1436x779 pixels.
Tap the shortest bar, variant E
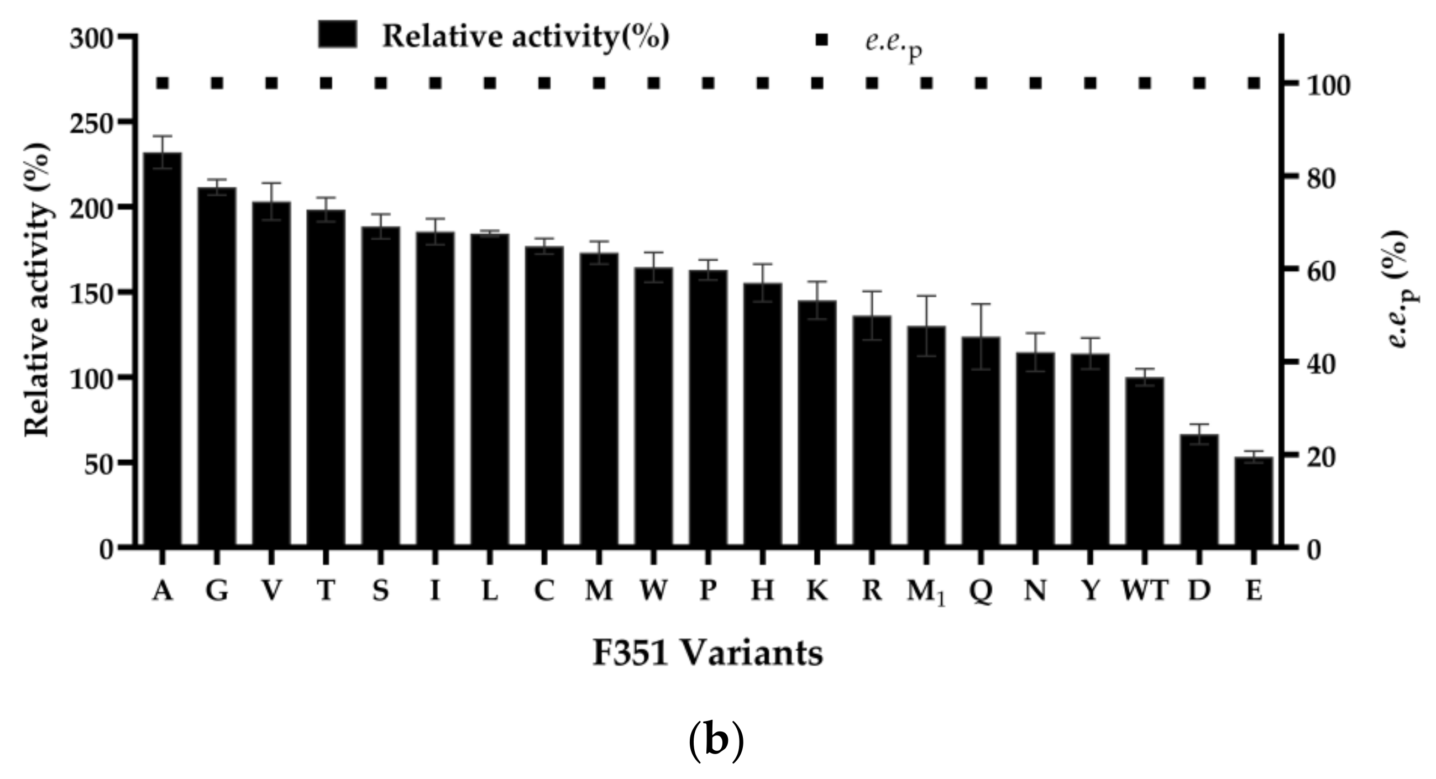[x=1254, y=502]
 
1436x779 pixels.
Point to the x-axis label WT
[x=1145, y=591]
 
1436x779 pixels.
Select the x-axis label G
[x=217, y=591]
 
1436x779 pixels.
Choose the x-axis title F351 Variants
[x=707, y=654]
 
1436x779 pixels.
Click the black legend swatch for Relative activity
[x=338, y=35]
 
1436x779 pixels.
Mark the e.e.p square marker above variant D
[x=1199, y=83]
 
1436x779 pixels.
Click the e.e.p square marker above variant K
[x=817, y=83]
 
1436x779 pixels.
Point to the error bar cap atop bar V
[x=271, y=183]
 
